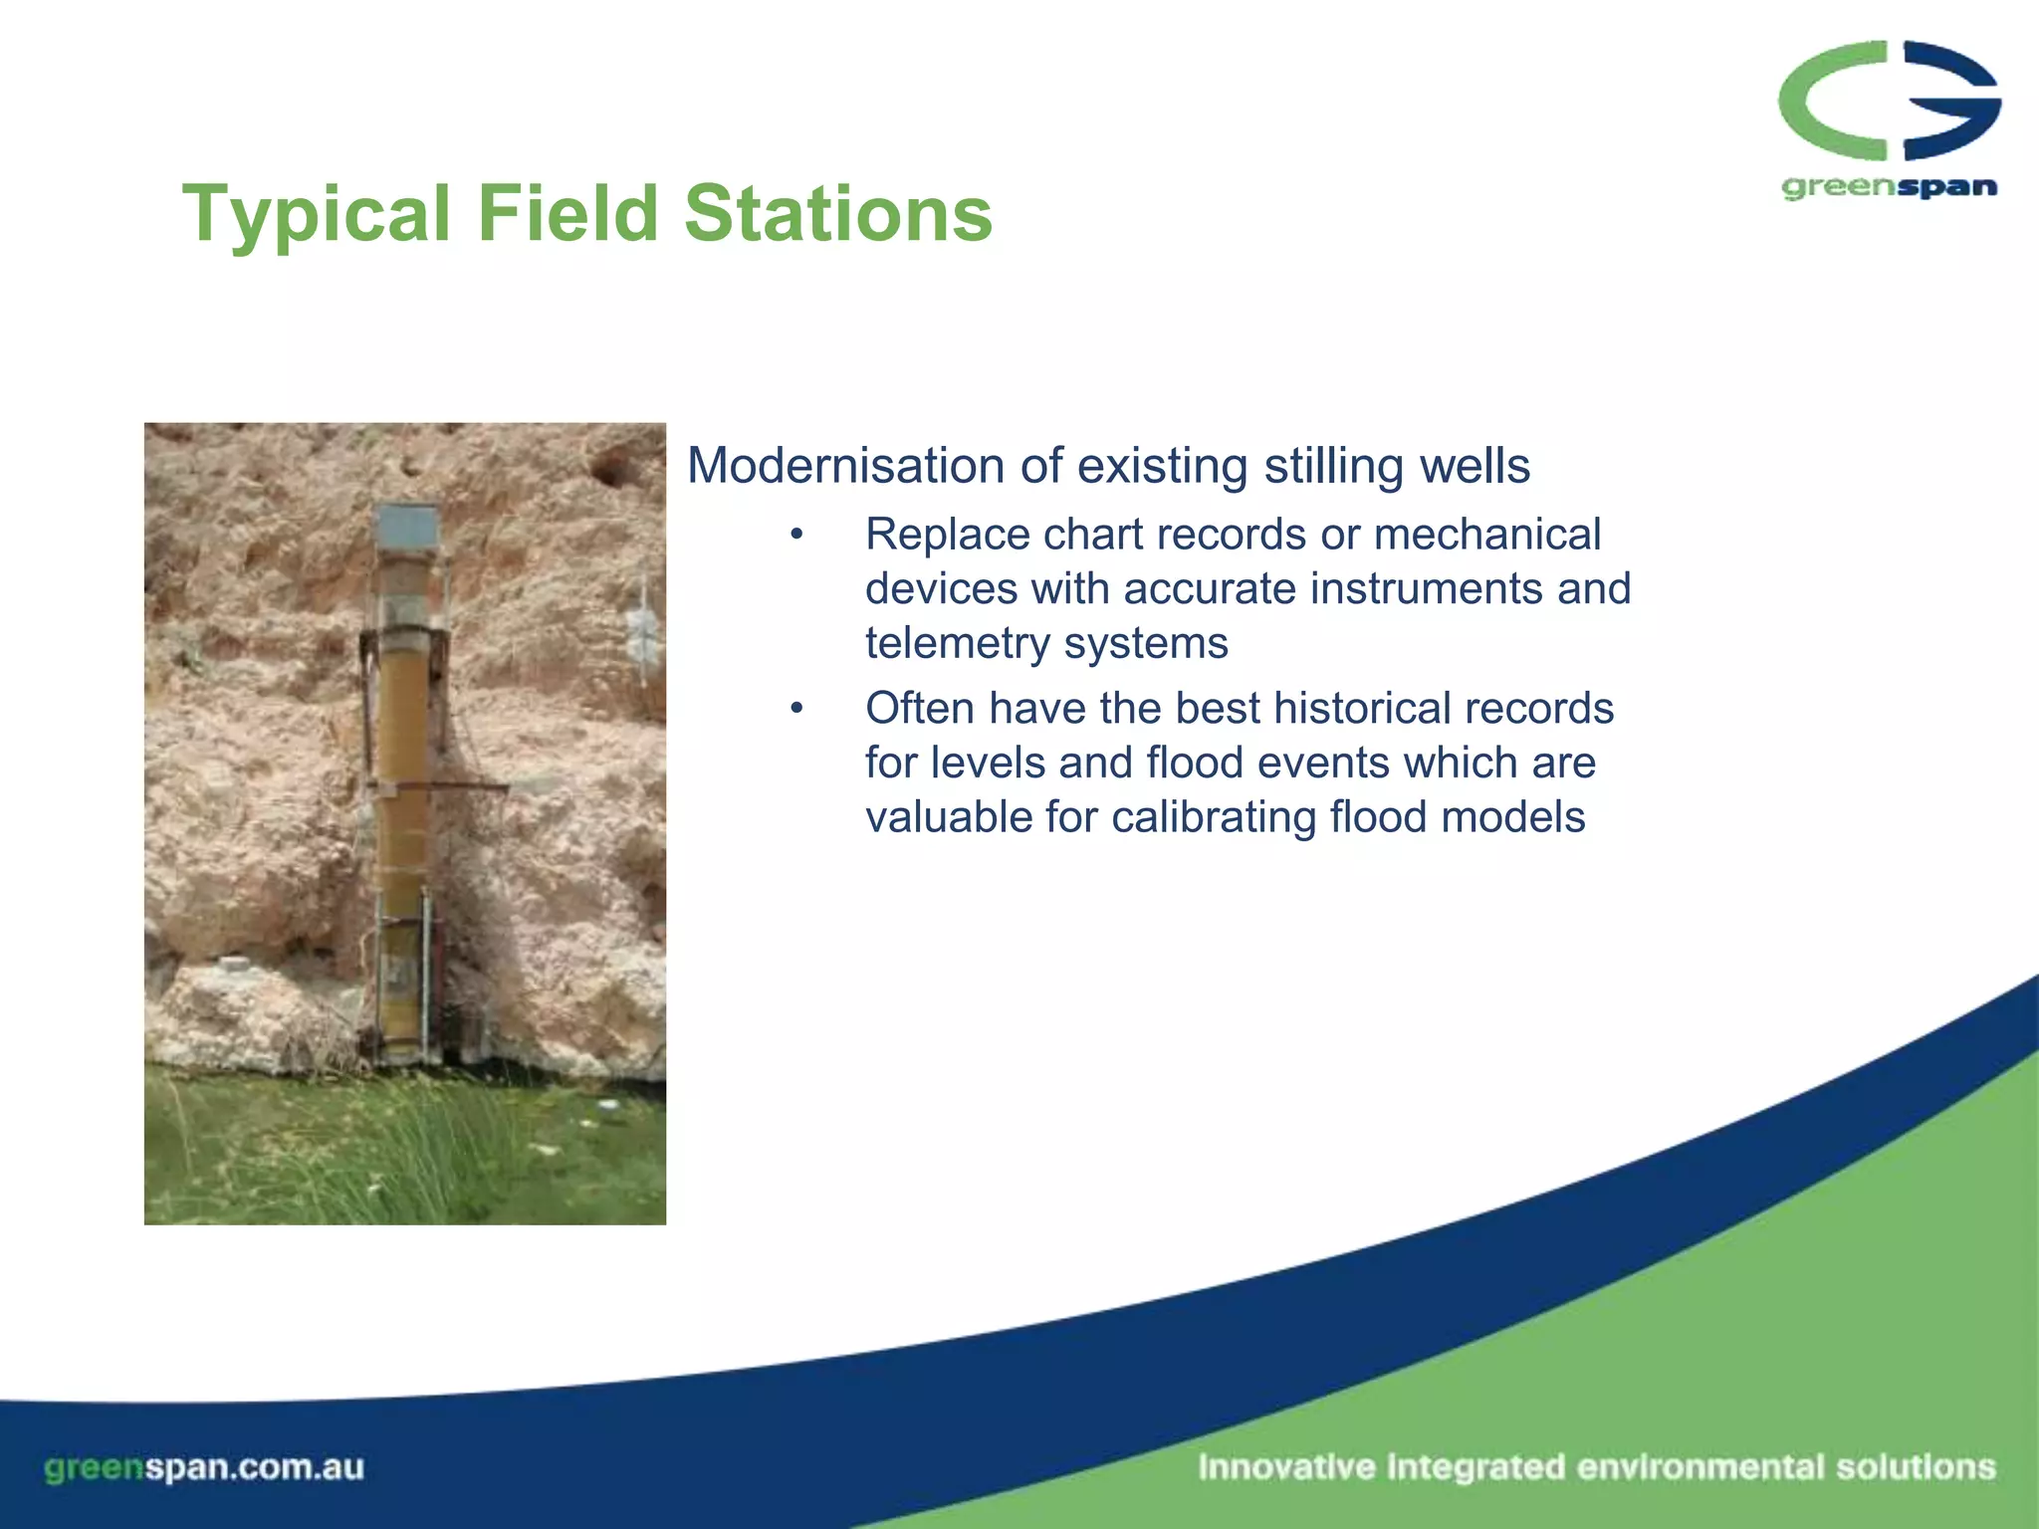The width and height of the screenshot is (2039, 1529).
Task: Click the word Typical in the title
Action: (x=317, y=214)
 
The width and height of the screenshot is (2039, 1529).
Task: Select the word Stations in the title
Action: (x=838, y=214)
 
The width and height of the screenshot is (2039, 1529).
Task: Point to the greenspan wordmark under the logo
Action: (x=1889, y=187)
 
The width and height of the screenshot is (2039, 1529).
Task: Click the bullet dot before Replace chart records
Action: (x=795, y=536)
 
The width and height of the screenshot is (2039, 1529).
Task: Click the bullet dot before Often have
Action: (x=795, y=709)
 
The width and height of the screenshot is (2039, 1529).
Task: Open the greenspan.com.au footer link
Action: (x=204, y=1467)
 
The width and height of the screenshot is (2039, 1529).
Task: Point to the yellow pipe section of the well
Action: (x=402, y=717)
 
